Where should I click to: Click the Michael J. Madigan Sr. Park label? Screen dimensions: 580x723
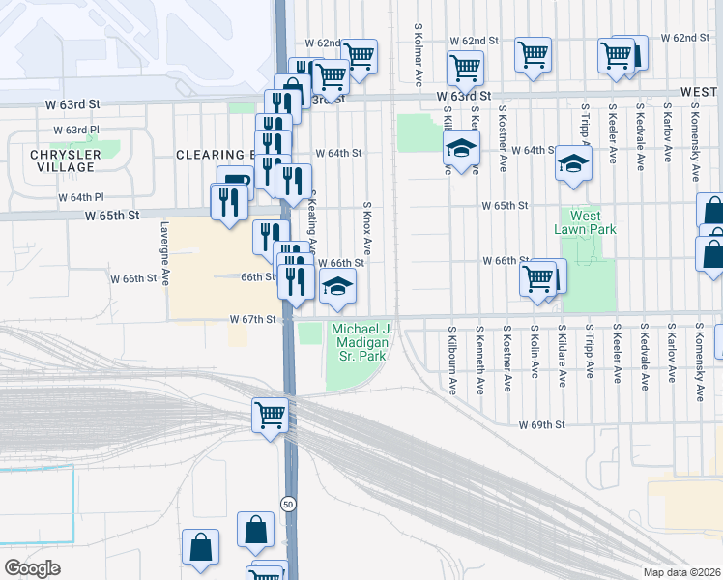point(361,343)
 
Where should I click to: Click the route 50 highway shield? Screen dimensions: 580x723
point(288,504)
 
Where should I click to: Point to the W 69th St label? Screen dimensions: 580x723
point(540,424)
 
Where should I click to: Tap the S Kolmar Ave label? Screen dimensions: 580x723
point(419,53)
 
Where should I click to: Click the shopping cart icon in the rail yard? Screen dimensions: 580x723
point(270,415)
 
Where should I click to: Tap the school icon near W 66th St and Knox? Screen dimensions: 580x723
point(336,286)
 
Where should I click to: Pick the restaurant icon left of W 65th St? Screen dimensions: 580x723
point(229,201)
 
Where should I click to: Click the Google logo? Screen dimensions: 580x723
point(32,568)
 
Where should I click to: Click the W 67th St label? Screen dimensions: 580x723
point(253,318)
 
